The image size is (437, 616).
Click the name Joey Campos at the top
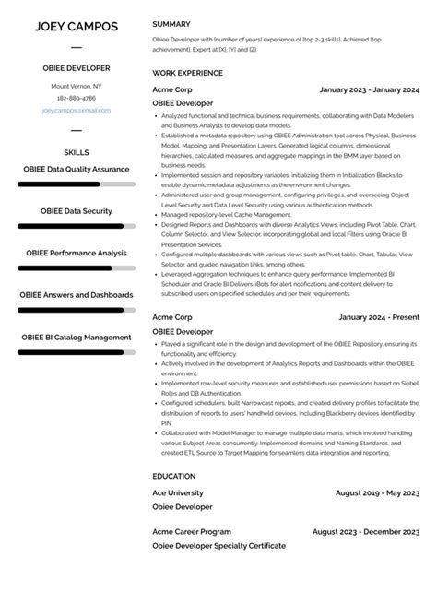tap(76, 25)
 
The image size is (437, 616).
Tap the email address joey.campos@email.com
tap(76, 110)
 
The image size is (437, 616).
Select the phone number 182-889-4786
tap(76, 98)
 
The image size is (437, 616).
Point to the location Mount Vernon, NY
tap(76, 86)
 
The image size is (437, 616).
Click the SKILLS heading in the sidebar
tap(76, 151)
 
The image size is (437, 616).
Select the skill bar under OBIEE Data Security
tap(76, 226)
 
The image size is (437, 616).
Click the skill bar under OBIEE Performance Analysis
tap(76, 267)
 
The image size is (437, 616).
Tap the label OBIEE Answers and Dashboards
tap(76, 295)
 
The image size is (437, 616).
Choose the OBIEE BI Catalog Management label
tap(76, 337)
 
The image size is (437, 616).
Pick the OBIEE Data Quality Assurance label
tap(76, 169)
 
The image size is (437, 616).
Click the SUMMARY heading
tap(172, 23)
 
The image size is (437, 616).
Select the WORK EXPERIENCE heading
tap(187, 71)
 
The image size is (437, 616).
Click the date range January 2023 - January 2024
tap(369, 89)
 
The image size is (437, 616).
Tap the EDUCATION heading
tap(174, 476)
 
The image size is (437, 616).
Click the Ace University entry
tap(178, 492)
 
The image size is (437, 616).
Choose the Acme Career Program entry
tap(191, 531)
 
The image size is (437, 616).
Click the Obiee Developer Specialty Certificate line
tap(218, 545)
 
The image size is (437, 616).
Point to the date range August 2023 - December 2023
tap(366, 531)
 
